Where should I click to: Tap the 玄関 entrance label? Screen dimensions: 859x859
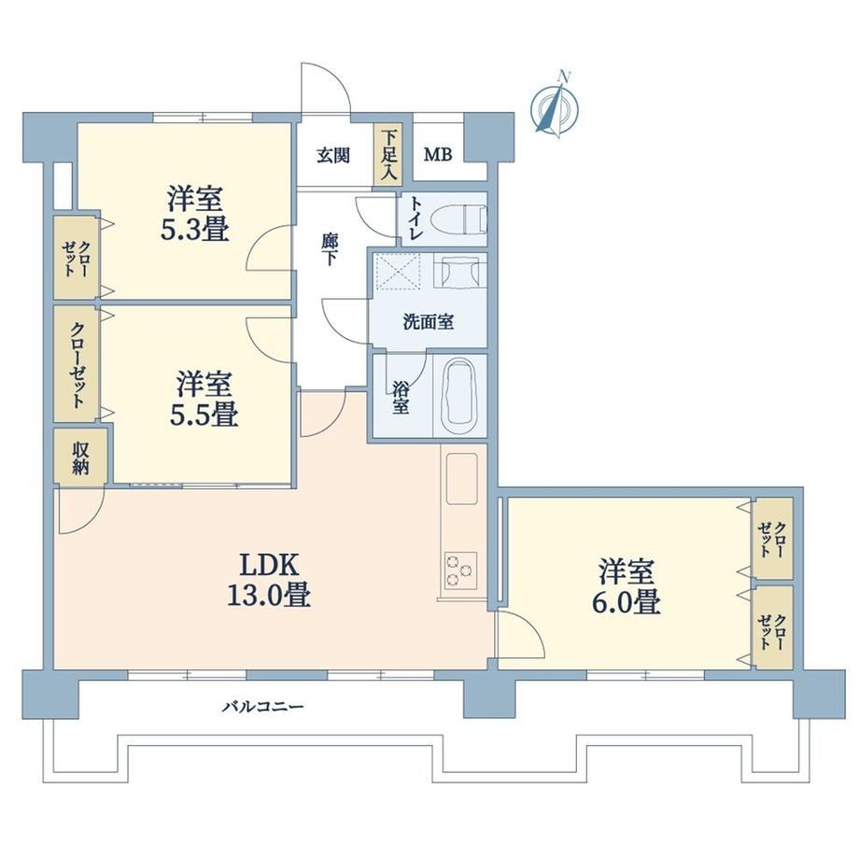click(333, 156)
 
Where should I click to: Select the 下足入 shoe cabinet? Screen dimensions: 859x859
click(388, 154)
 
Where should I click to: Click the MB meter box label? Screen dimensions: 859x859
click(438, 155)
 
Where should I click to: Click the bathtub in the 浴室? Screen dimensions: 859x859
click(458, 395)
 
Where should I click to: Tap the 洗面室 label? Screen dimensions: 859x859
click(429, 321)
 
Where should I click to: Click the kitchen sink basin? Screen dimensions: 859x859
click(461, 479)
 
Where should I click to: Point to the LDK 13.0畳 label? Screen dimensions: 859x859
click(269, 580)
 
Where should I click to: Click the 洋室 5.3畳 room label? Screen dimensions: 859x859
click(194, 214)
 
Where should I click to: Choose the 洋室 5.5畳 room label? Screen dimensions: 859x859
click(204, 399)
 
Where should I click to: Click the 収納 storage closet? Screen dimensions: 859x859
click(80, 458)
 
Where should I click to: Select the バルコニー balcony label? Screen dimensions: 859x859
click(262, 707)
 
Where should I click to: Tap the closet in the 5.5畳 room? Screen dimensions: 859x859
click(77, 364)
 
